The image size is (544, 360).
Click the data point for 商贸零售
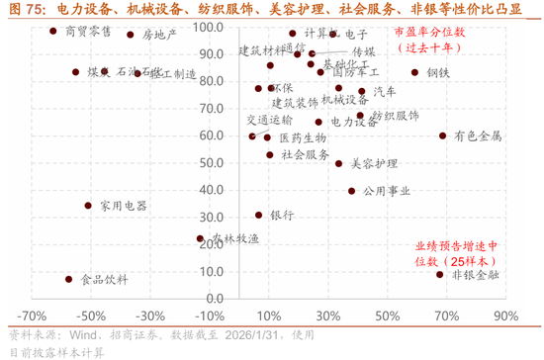point(53,32)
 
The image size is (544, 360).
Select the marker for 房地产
point(130,35)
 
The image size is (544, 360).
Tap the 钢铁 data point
point(414,72)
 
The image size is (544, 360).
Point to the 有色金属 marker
point(442,135)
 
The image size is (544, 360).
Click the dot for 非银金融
point(439,274)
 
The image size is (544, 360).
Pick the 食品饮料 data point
point(68,279)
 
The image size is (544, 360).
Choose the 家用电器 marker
point(88,206)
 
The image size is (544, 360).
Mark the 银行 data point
point(259,215)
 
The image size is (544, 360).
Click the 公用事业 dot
point(351,191)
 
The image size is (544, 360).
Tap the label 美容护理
point(374,163)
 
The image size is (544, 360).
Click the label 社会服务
point(306,154)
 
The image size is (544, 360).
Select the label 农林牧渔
point(234,238)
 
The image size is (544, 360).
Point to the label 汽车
point(383,91)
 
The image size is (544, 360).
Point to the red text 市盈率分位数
point(427,33)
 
